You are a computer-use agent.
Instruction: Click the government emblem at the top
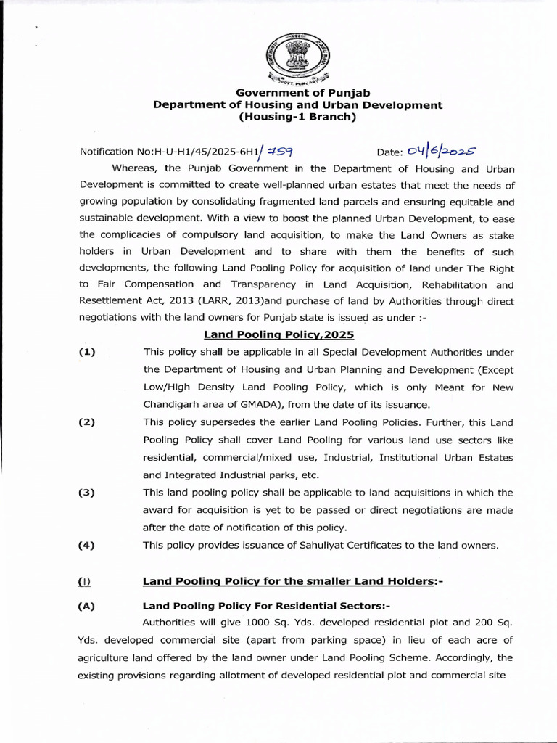297,57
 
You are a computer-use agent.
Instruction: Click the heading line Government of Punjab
297,92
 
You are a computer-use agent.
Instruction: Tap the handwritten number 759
279,151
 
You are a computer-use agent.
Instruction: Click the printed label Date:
390,152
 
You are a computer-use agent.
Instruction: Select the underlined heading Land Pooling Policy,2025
278,335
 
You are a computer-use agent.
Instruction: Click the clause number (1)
88,353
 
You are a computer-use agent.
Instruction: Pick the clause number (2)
88,422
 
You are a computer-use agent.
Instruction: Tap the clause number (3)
88,493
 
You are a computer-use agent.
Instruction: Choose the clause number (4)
88,546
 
